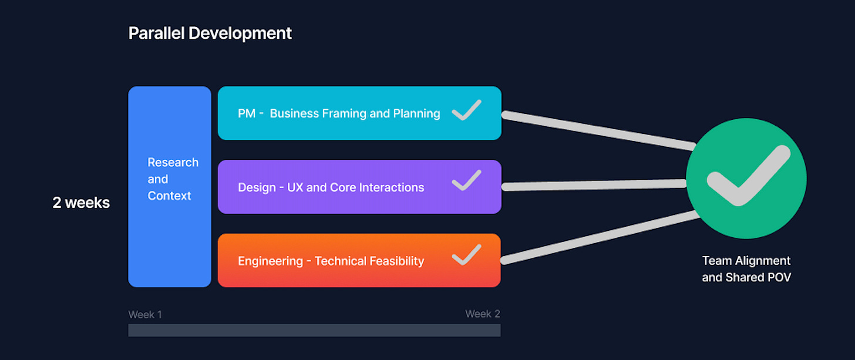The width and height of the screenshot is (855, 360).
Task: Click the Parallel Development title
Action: [x=210, y=33]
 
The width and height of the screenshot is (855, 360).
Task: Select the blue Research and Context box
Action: [x=170, y=187]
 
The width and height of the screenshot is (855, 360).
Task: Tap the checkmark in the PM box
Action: [x=467, y=110]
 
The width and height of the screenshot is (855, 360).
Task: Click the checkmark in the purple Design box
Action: [x=467, y=180]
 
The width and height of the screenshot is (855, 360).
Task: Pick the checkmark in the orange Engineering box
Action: [x=467, y=254]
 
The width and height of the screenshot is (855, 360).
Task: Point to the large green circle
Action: [x=746, y=179]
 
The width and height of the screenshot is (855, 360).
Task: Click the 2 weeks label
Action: [x=81, y=203]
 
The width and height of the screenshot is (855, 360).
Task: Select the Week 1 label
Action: [x=145, y=315]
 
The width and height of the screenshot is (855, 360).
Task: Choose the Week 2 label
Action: [x=483, y=314]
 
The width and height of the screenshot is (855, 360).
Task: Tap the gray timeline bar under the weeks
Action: [x=314, y=330]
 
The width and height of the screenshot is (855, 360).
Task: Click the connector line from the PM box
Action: [x=599, y=130]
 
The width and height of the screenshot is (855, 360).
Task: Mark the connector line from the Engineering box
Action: [x=599, y=237]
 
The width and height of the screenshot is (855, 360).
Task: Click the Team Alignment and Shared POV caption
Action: [x=746, y=269]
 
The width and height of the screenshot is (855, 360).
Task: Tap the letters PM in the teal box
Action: [x=246, y=114]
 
